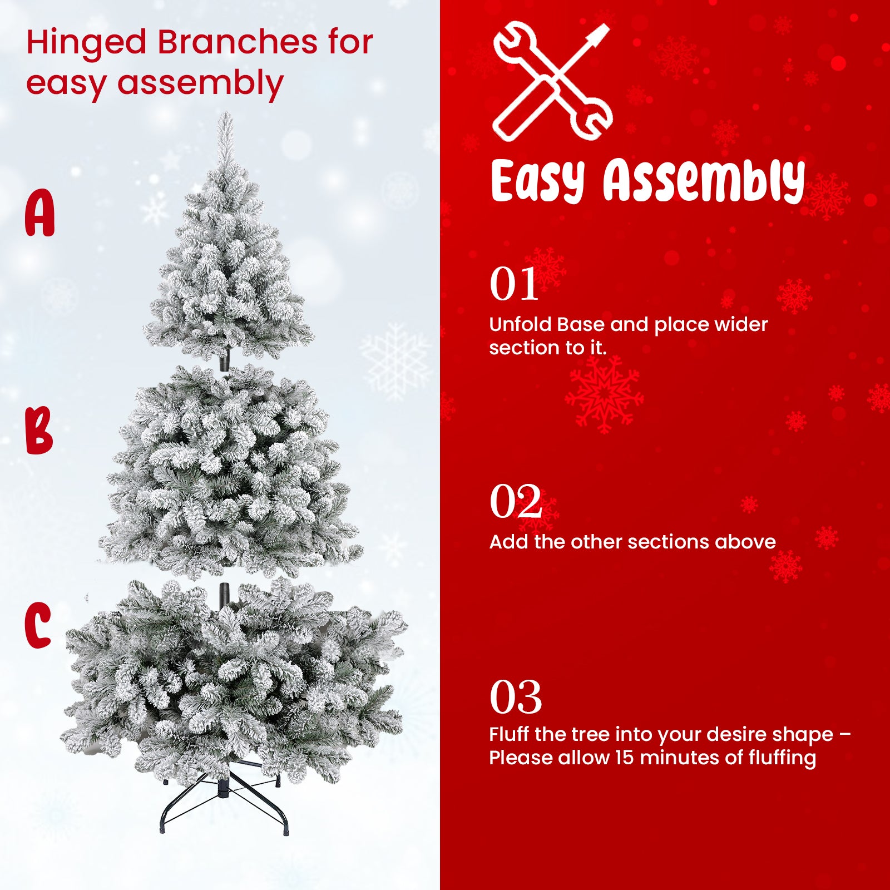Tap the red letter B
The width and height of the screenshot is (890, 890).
(39, 430)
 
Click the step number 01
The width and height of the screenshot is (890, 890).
(514, 284)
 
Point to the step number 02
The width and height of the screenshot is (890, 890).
(516, 501)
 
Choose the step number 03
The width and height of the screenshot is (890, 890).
(516, 696)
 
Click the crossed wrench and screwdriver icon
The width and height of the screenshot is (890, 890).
(552, 81)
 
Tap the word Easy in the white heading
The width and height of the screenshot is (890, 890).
(538, 181)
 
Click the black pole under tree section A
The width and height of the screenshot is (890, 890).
(225, 360)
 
